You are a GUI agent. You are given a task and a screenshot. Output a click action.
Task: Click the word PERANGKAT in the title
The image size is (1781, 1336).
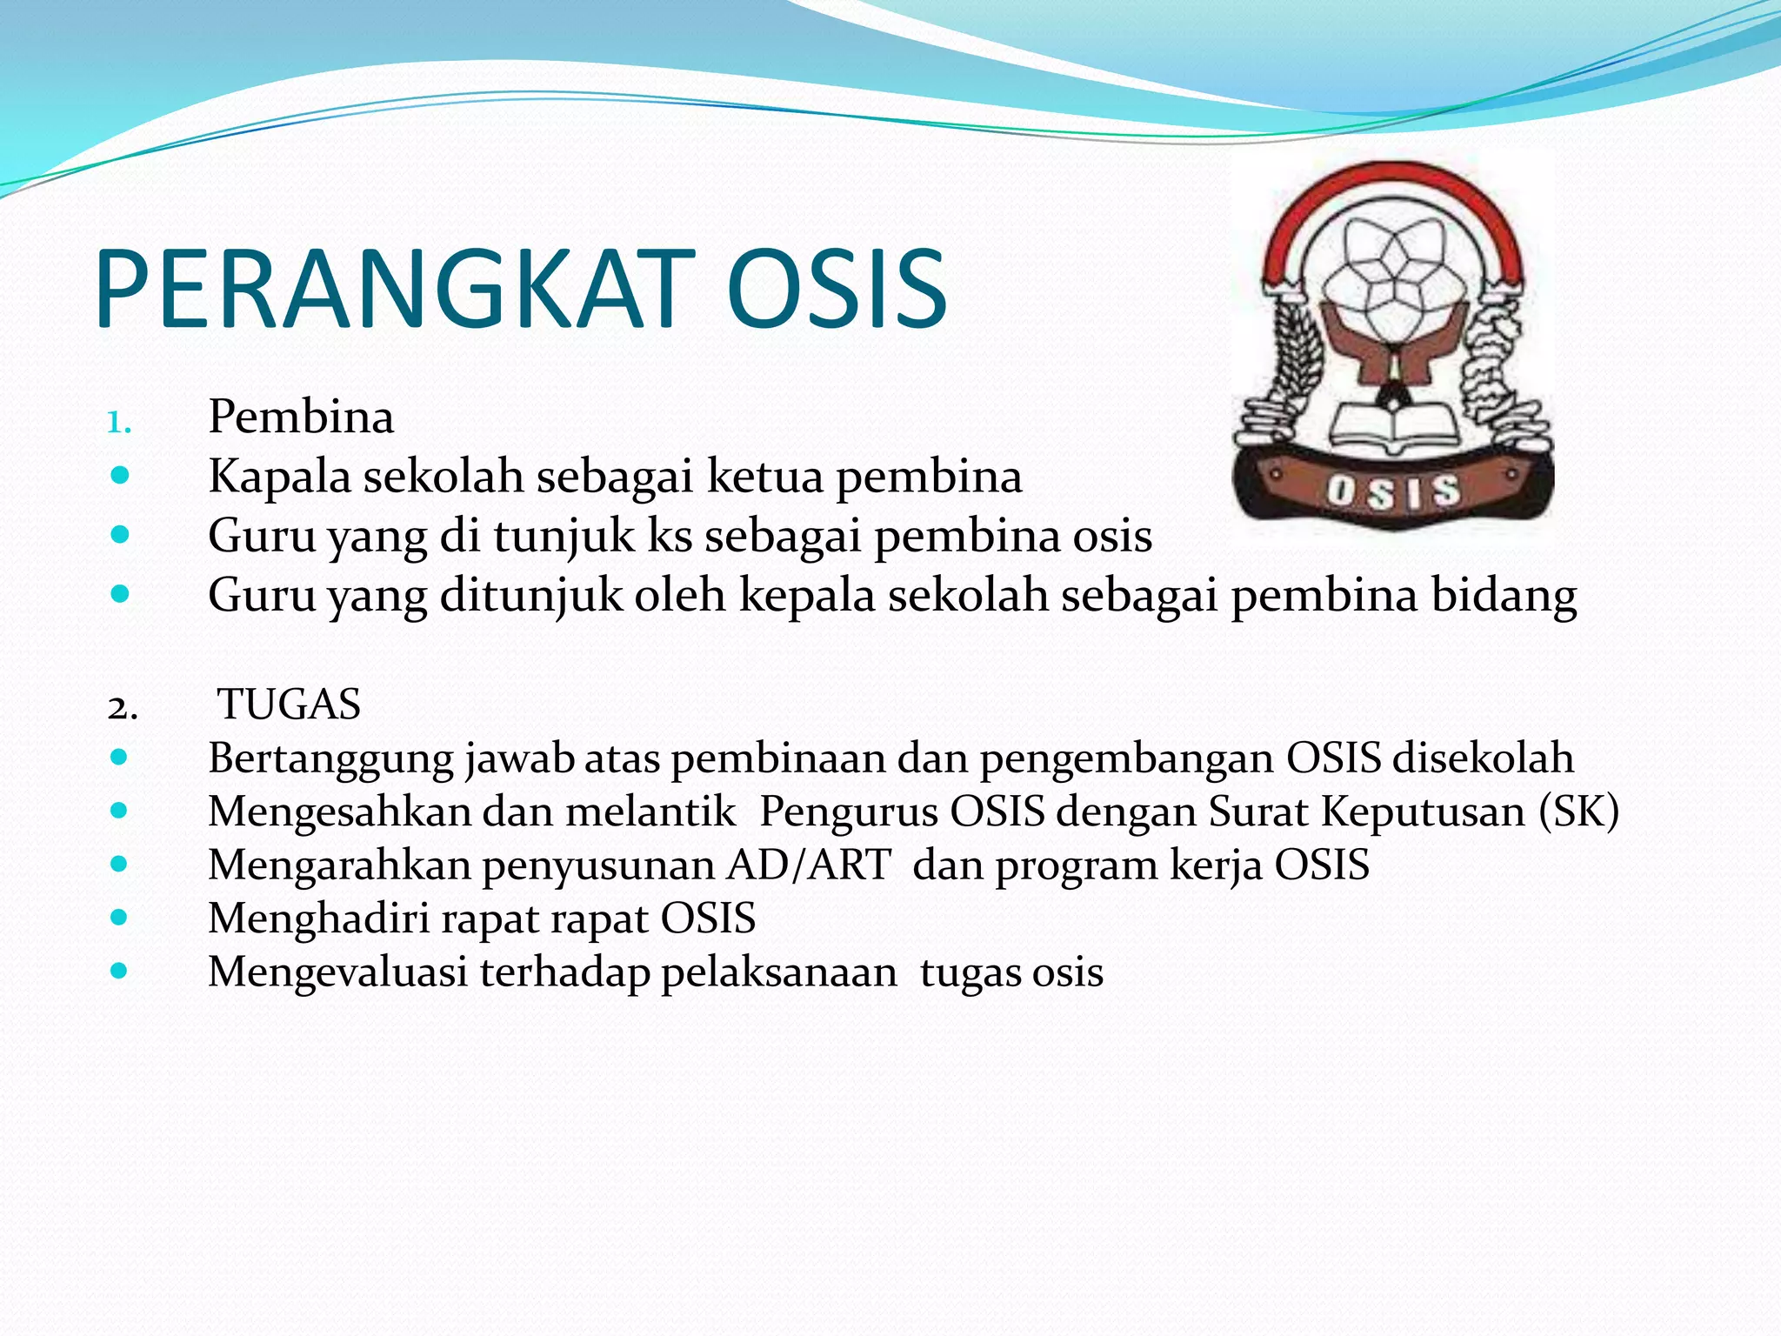pyautogui.click(x=396, y=289)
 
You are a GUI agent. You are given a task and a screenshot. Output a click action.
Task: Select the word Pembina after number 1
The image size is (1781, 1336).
pyautogui.click(x=301, y=417)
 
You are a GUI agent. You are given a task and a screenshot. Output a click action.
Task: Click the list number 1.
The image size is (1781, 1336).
pyautogui.click(x=118, y=424)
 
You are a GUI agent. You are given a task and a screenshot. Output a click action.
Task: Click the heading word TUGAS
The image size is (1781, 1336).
pyautogui.click(x=289, y=704)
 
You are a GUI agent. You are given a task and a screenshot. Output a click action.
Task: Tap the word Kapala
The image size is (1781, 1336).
pyautogui.click(x=279, y=477)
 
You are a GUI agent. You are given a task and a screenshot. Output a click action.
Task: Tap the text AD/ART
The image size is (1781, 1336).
pyautogui.click(x=809, y=865)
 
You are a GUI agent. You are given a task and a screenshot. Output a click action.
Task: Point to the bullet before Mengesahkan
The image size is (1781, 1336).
pyautogui.click(x=120, y=811)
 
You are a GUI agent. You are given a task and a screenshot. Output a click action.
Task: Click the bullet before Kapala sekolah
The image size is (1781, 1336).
pyautogui.click(x=120, y=476)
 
